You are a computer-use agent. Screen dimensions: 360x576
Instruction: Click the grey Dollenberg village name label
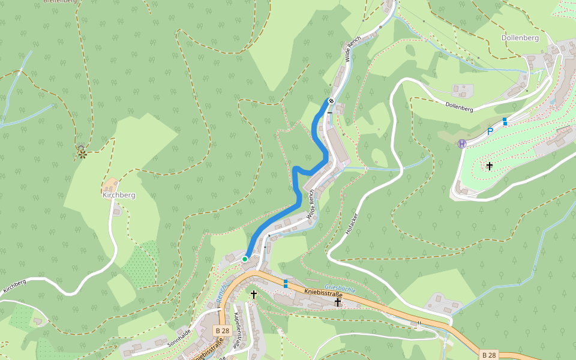pyautogui.click(x=520, y=38)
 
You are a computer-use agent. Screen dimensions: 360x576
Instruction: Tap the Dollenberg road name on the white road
pyautogui.click(x=460, y=106)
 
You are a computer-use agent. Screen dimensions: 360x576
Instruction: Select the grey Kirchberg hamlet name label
pyautogui.click(x=118, y=195)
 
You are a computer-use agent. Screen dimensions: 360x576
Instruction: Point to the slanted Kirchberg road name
pyautogui.click(x=14, y=286)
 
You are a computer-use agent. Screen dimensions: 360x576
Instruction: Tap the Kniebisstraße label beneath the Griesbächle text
pyautogui.click(x=323, y=293)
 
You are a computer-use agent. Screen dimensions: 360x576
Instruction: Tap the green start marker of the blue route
pyautogui.click(x=245, y=259)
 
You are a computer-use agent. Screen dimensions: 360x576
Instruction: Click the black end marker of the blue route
pyautogui.click(x=331, y=101)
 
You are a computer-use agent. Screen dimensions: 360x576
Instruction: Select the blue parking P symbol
pyautogui.click(x=490, y=131)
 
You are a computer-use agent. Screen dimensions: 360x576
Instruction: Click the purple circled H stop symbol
pyautogui.click(x=462, y=143)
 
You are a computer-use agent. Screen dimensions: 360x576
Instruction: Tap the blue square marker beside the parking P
pyautogui.click(x=505, y=121)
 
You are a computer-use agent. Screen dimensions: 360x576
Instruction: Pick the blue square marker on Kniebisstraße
pyautogui.click(x=286, y=283)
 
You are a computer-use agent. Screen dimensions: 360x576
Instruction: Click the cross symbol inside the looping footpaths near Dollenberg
pyautogui.click(x=490, y=166)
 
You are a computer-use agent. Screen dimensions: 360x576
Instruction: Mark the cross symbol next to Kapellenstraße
pyautogui.click(x=253, y=295)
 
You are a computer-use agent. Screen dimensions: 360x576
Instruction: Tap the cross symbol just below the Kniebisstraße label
pyautogui.click(x=337, y=302)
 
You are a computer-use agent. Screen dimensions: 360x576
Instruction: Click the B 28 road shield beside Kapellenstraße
pyautogui.click(x=222, y=331)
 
